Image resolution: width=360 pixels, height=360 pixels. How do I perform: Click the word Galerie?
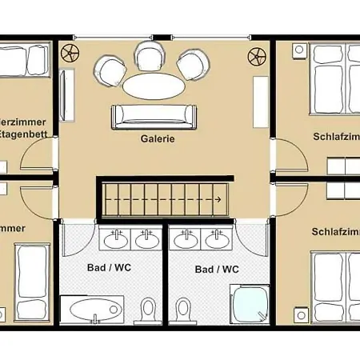(x=157, y=138)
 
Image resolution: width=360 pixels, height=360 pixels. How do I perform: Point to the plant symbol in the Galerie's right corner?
(x=257, y=55)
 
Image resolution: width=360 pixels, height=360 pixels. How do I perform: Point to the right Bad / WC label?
(x=217, y=270)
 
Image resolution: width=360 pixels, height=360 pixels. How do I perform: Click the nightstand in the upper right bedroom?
(x=298, y=52)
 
